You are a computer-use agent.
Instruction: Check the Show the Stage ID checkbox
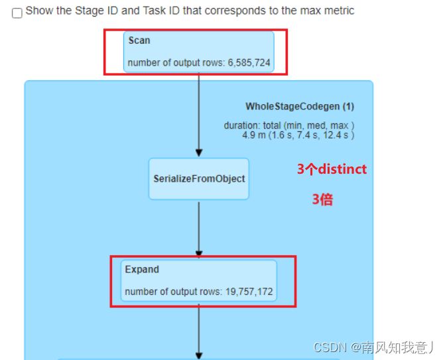(x=17, y=13)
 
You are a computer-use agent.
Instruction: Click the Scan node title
(x=139, y=40)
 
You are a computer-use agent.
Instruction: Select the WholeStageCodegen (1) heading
(x=300, y=106)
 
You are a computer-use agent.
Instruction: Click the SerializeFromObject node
(x=199, y=179)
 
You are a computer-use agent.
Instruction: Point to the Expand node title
(x=142, y=270)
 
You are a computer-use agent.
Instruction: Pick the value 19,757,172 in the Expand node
(x=249, y=292)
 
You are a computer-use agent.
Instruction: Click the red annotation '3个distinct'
(x=332, y=170)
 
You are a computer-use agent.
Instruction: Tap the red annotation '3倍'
(x=322, y=200)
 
